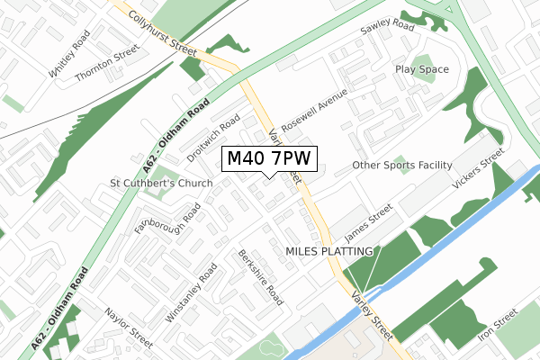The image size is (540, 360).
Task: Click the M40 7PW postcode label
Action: pos(269,159)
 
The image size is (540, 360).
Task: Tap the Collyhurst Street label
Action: pos(162,30)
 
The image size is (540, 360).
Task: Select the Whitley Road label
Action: pos(72,57)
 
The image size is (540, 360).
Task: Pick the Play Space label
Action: pos(420,69)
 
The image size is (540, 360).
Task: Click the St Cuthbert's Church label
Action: pos(161,184)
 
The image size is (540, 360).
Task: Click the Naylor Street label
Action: pos(129,325)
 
